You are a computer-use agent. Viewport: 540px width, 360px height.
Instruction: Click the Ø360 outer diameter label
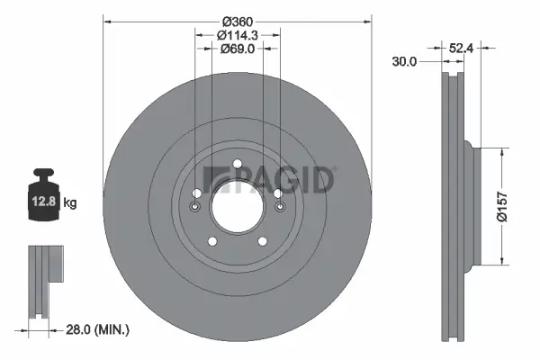click(x=238, y=21)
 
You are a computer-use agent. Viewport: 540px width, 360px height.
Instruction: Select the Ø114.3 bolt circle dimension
click(x=238, y=35)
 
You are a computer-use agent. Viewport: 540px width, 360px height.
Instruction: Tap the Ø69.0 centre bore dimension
click(x=238, y=49)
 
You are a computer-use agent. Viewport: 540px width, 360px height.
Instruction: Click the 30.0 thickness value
click(x=405, y=62)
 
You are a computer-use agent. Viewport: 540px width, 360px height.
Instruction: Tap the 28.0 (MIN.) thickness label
click(x=100, y=330)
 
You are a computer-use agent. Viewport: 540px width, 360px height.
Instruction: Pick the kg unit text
click(x=70, y=204)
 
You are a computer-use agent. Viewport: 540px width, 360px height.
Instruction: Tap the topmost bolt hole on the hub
click(x=237, y=164)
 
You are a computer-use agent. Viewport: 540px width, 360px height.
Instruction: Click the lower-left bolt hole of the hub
click(x=212, y=241)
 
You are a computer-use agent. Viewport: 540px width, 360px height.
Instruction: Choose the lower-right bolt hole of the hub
click(x=263, y=241)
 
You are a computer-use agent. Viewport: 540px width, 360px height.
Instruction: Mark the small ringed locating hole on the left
click(x=195, y=207)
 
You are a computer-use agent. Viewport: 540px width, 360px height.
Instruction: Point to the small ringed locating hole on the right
click(x=280, y=207)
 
